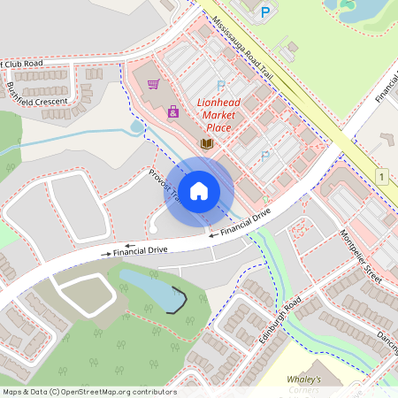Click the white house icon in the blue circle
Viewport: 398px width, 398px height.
point(199,190)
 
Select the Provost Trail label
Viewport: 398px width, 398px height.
point(165,185)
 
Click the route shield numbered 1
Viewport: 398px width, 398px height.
point(381,177)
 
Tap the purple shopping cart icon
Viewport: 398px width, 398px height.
point(154,85)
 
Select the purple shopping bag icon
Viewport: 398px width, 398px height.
point(173,111)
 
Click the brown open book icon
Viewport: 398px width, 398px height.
point(207,143)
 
